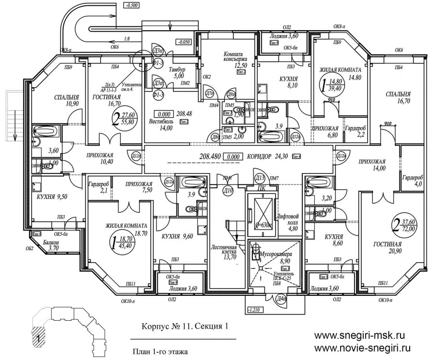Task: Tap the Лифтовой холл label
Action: coord(287,219)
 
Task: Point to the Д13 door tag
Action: coord(260,178)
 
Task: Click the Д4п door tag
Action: coord(282,300)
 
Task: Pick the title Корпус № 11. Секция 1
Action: coord(184,327)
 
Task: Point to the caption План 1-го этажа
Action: coord(161,351)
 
